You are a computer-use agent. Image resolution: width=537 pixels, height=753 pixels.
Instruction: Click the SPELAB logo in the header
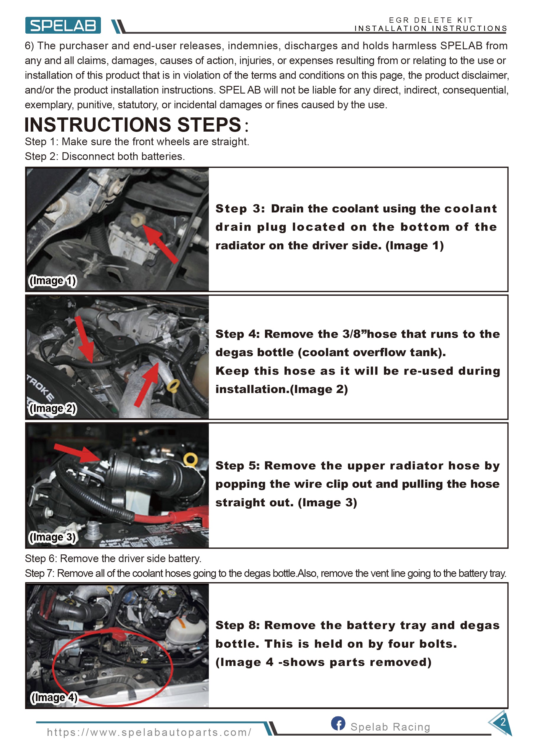coord(63,25)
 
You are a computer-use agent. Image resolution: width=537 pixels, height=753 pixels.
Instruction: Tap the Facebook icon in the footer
coord(338,723)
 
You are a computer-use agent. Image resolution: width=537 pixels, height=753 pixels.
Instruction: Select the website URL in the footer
coord(149,732)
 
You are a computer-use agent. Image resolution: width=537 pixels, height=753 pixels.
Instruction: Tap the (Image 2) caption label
coord(53,408)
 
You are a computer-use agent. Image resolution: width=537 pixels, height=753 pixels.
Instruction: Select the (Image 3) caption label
coord(53,537)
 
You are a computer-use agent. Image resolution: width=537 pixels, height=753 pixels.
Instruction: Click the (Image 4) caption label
coord(54,698)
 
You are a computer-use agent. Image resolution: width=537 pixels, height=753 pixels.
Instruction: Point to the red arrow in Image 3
coord(77,453)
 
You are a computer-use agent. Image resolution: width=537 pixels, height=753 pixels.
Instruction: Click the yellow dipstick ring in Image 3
coord(191,459)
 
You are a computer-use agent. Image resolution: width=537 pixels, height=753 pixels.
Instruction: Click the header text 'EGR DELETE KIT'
coord(431,20)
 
